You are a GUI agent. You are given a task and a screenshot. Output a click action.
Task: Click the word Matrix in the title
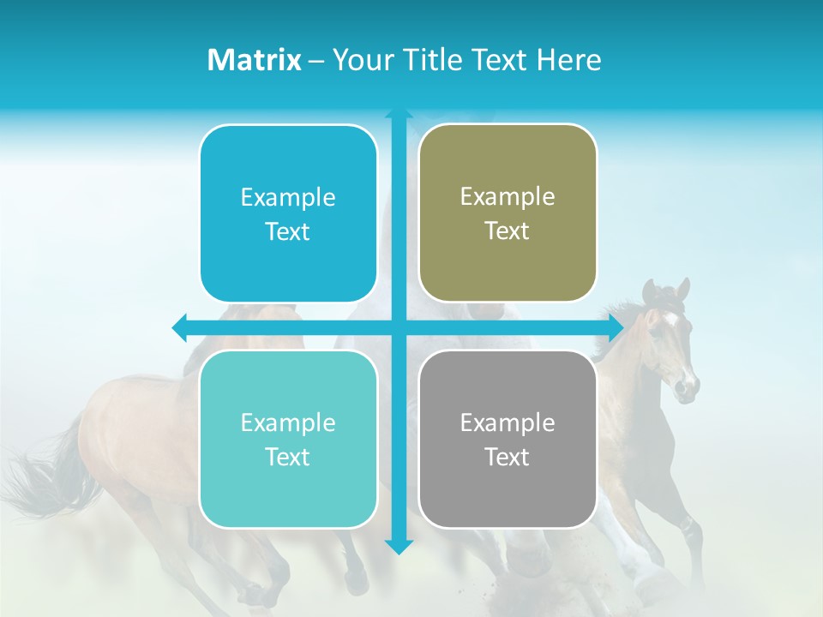pos(255,59)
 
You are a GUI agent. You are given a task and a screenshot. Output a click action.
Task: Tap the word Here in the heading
pos(568,59)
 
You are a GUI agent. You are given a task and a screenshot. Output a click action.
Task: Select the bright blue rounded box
pos(288,257)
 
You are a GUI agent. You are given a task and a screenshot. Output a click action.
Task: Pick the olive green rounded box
pos(508,266)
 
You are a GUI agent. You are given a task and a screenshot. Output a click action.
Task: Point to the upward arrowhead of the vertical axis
pos(399,114)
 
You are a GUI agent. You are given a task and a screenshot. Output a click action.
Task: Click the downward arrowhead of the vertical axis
pos(399,546)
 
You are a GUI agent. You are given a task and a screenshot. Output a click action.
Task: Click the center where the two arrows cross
pos(399,327)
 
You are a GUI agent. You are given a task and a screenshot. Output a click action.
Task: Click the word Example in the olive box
pos(508,196)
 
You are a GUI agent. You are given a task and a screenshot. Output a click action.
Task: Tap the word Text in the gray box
pos(508,457)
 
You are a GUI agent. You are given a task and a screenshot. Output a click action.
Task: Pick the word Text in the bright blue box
pos(288,231)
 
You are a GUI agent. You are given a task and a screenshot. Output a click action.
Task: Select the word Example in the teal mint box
pos(288,422)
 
